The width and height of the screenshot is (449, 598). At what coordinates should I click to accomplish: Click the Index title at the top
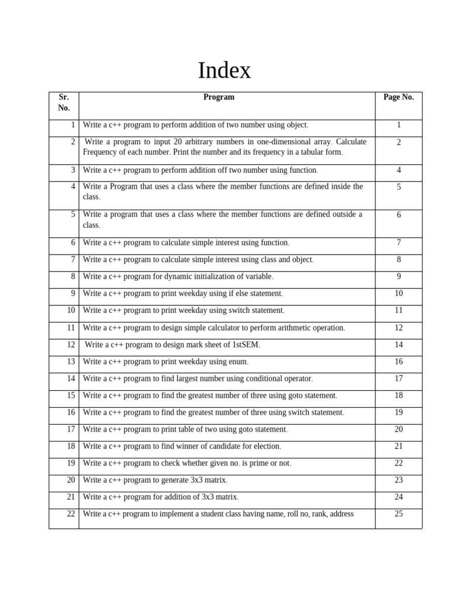(224, 71)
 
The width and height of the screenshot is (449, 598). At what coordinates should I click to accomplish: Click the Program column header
(219, 98)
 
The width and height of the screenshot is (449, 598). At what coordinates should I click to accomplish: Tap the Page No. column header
(398, 98)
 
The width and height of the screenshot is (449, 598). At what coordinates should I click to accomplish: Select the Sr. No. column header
(64, 102)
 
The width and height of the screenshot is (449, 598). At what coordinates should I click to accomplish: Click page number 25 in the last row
(399, 514)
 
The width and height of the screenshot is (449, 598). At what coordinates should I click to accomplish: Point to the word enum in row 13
(239, 361)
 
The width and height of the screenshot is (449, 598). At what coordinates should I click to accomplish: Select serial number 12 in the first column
(71, 345)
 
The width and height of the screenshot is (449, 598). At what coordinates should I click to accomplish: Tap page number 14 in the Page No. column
(399, 345)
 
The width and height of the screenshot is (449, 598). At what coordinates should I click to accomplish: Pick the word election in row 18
(267, 446)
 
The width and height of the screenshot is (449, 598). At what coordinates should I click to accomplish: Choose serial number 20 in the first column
(71, 480)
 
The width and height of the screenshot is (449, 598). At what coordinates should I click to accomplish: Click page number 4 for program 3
(399, 170)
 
